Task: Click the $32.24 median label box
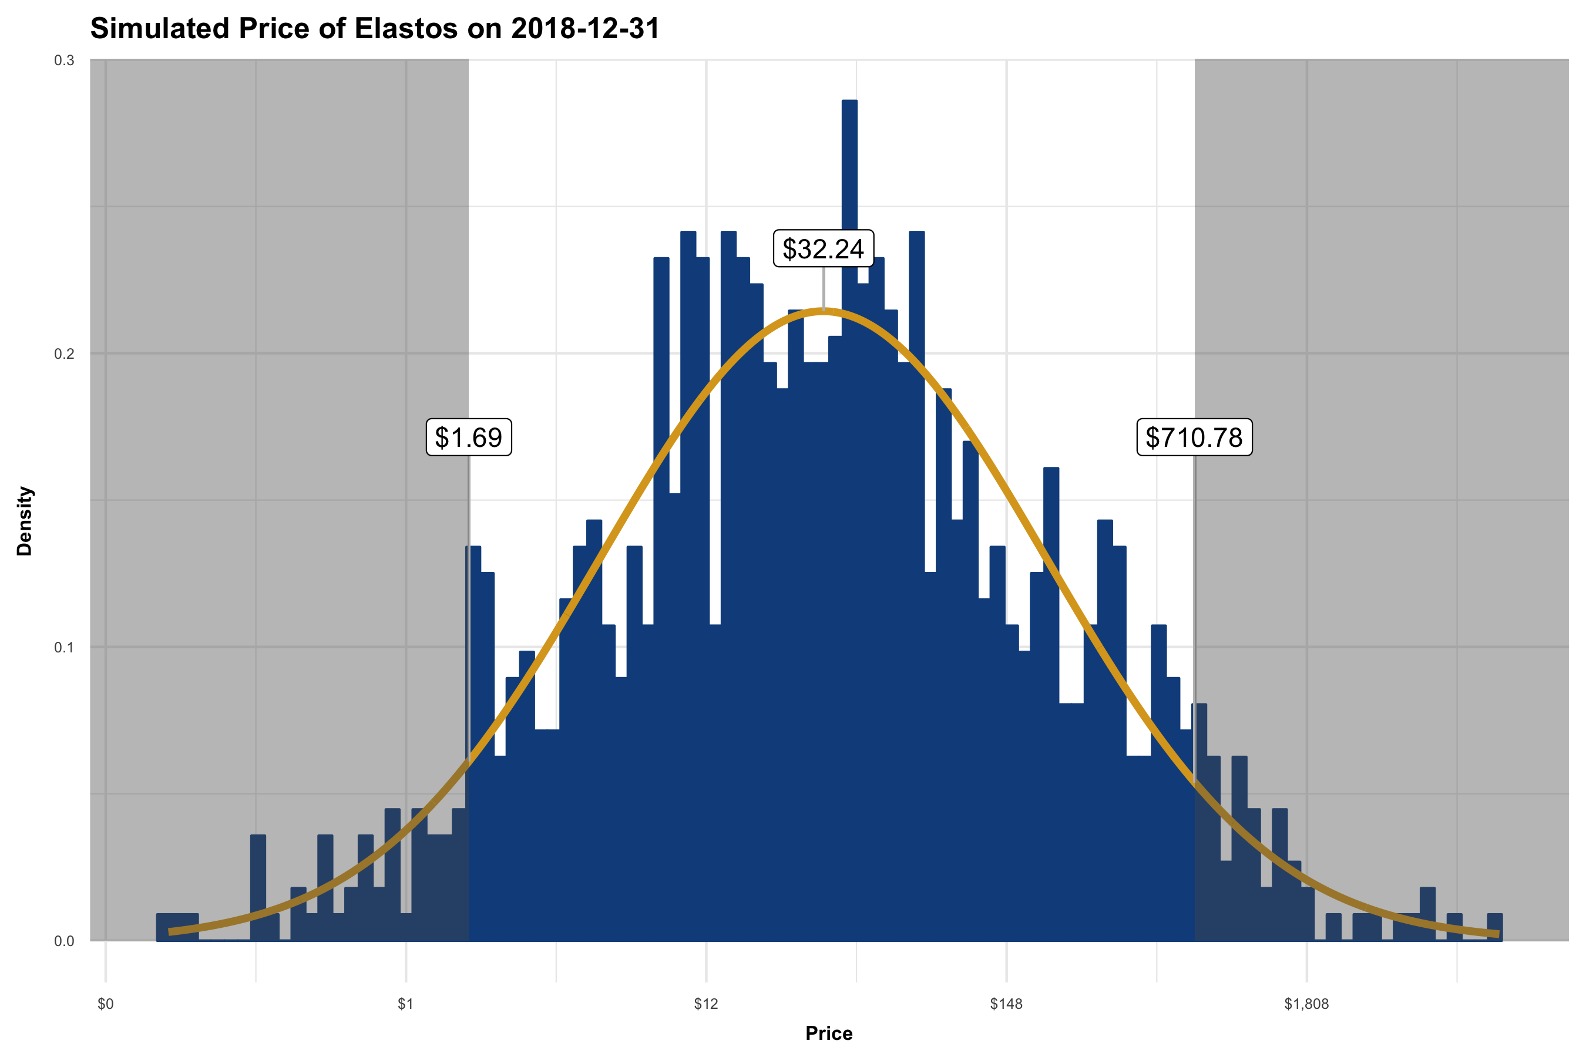823,249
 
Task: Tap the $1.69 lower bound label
469,437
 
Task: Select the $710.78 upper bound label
1194,437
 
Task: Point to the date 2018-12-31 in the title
584,29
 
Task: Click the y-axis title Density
25,521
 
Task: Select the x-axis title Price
829,1034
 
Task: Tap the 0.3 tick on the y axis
64,60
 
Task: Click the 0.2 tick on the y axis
64,354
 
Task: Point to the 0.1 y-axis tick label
64,647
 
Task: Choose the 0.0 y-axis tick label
64,941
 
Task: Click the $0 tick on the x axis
106,1004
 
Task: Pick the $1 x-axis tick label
405,1004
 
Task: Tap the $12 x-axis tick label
706,1004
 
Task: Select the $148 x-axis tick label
1006,1004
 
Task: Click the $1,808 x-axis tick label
1306,1004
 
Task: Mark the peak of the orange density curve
823,311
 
